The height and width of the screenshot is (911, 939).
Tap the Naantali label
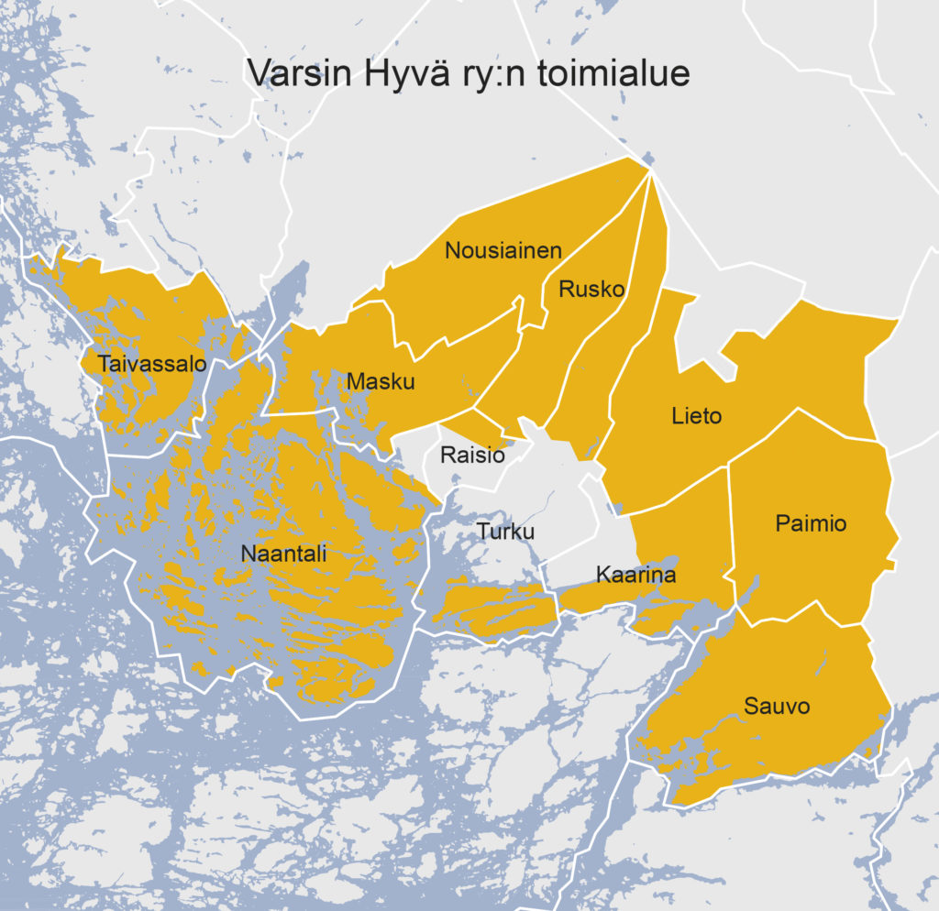(x=283, y=554)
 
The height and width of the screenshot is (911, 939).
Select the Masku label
(x=381, y=382)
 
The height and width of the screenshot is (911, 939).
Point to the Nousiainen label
(x=503, y=250)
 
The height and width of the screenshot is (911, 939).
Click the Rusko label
(x=591, y=290)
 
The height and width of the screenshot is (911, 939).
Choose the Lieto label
(x=696, y=416)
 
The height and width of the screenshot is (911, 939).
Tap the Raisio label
(x=472, y=455)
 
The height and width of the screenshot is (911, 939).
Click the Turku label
(x=504, y=532)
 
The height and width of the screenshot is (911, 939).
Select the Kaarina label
(x=635, y=576)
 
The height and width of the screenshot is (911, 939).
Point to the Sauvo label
(x=778, y=707)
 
